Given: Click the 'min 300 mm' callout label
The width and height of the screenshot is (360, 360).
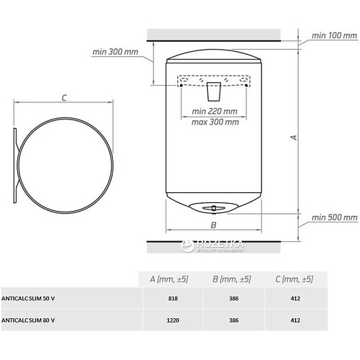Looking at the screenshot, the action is (115, 52).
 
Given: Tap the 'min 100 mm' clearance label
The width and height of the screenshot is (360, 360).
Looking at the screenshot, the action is (334, 35).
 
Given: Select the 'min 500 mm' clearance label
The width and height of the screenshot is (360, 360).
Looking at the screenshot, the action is (334, 217).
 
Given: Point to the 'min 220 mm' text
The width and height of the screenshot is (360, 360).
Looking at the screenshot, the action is (215, 112).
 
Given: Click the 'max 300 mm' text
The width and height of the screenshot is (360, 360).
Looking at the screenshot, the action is (215, 122).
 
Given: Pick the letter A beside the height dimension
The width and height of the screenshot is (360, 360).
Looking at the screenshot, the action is (294, 138).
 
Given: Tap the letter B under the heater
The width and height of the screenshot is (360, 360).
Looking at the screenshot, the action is (213, 225).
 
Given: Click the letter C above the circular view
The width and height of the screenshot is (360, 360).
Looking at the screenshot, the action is (64, 98).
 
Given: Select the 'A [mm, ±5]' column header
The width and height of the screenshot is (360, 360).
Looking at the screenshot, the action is (169, 279).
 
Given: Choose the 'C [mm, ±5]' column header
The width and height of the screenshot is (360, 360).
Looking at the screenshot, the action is (294, 279).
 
